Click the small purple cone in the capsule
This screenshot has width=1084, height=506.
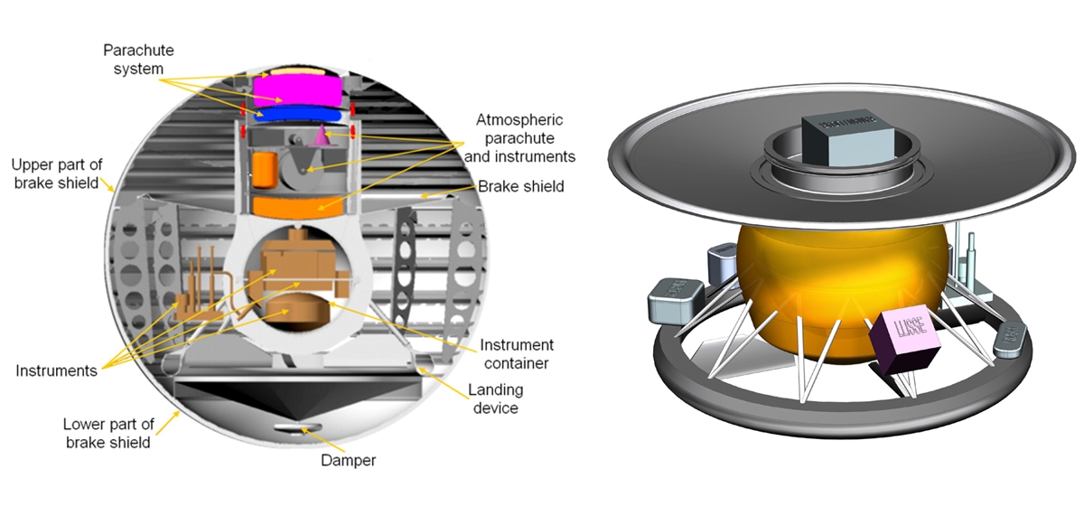(x=321, y=136)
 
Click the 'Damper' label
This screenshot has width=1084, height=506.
(x=348, y=461)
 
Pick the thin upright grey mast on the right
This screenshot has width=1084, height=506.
(x=970, y=253)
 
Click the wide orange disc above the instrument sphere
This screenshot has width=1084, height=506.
(x=294, y=206)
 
